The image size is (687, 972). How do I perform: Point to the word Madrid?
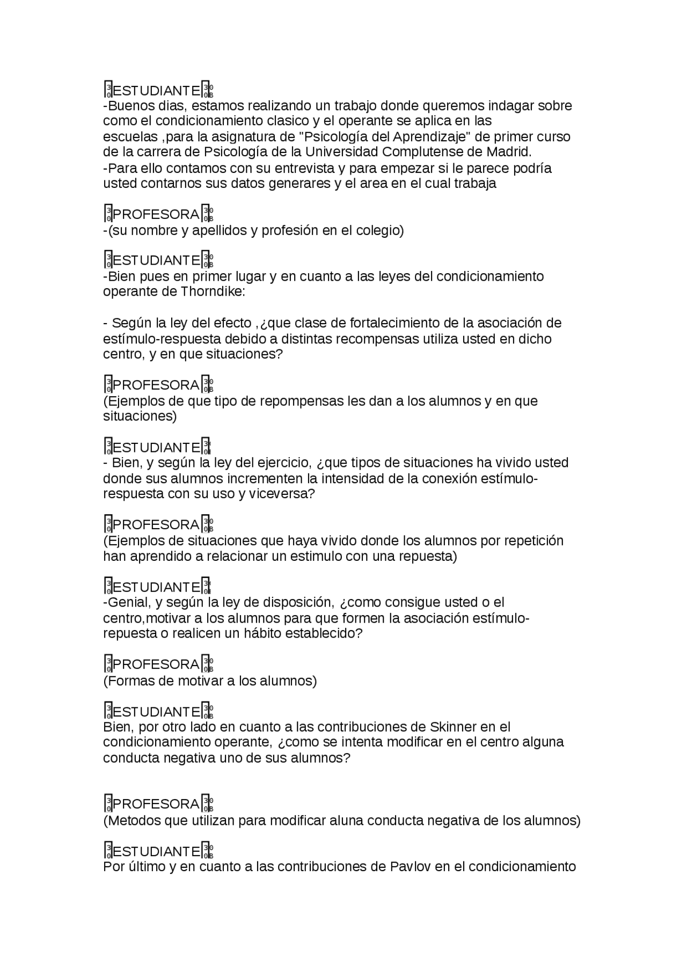click(x=508, y=152)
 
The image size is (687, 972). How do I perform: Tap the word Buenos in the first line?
click(x=131, y=105)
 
